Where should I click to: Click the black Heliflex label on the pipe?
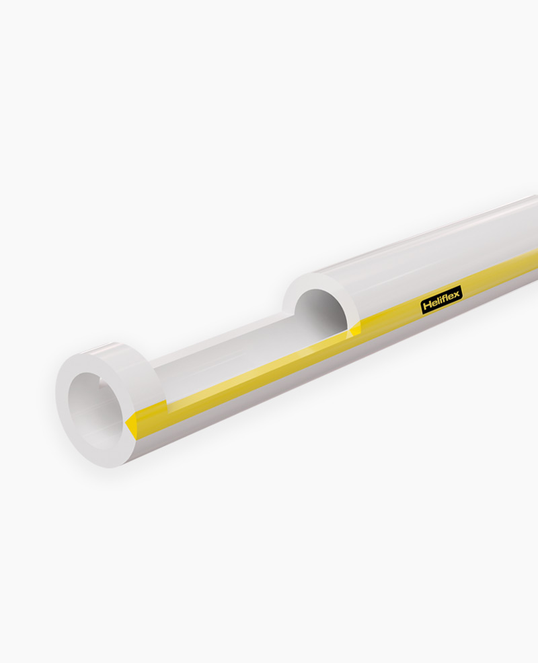442,300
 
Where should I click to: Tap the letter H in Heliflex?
426,306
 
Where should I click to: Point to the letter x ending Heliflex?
457,293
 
